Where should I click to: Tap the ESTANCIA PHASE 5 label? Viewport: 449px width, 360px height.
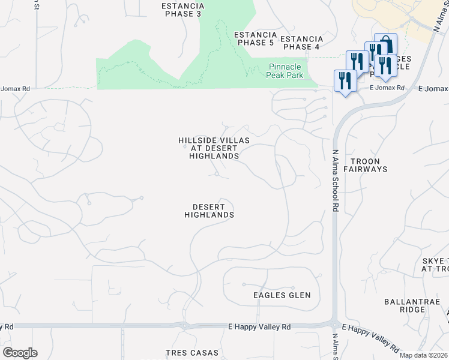255,39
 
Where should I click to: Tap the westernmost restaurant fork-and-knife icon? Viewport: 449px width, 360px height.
345,80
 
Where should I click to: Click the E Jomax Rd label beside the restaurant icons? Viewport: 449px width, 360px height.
387,88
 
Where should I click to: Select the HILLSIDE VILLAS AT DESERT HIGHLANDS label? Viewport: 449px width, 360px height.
214,148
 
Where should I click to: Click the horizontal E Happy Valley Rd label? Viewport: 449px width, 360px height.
259,327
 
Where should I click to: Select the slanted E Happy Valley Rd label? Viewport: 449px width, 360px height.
371,338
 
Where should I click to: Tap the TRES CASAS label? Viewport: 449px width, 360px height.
192,353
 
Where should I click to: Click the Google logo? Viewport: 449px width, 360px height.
20,353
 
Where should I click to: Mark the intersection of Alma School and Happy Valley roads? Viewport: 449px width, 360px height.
334,325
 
